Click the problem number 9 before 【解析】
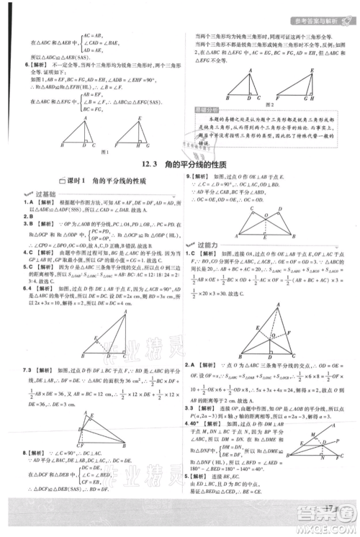(189, 176)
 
